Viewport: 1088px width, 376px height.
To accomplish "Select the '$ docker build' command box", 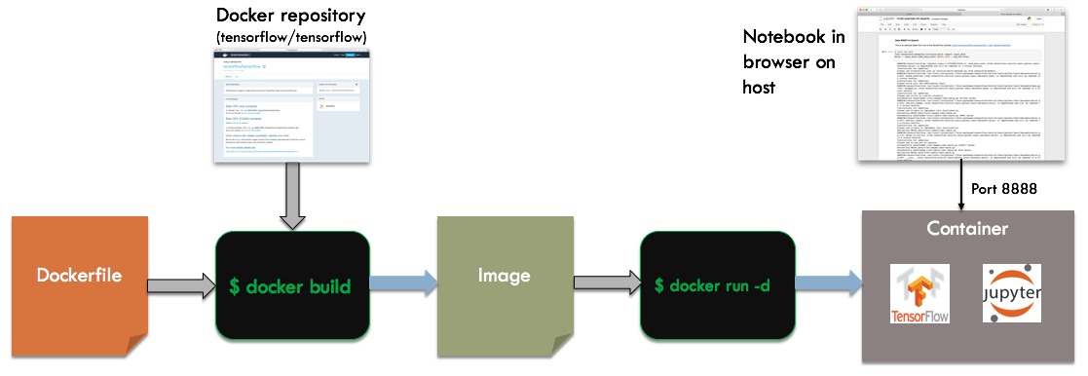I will pos(291,286).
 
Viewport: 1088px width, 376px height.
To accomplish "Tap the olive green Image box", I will pos(504,277).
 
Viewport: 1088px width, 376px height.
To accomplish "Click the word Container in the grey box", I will pos(968,230).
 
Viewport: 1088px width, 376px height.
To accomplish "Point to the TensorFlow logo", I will pos(920,295).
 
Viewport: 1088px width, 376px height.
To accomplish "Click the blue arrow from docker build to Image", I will pos(403,284).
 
